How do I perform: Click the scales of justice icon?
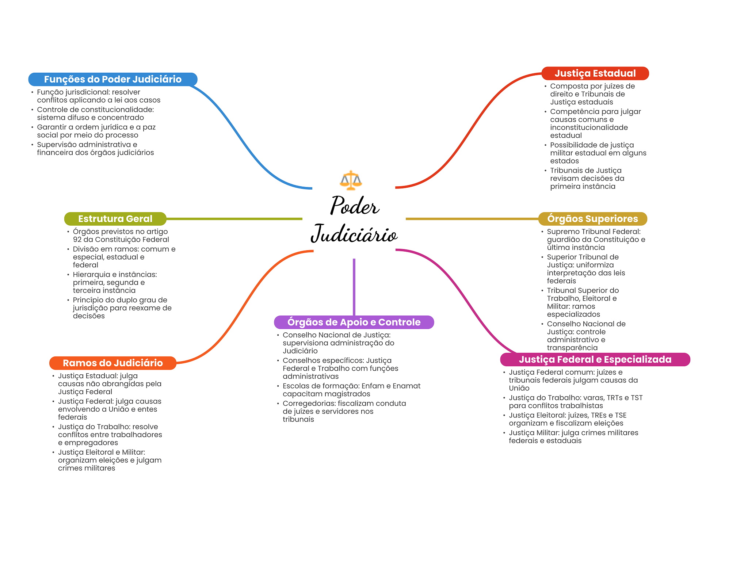pyautogui.click(x=351, y=180)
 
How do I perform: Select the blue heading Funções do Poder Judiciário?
pyautogui.click(x=113, y=79)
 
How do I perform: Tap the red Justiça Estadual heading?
pyautogui.click(x=595, y=73)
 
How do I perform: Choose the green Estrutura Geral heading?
pyautogui.click(x=115, y=219)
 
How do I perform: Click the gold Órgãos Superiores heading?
pyautogui.click(x=592, y=219)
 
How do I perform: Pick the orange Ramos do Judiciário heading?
pyautogui.click(x=113, y=363)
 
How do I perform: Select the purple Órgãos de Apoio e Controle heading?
pyautogui.click(x=354, y=322)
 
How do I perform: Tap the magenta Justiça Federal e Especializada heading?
pyautogui.click(x=595, y=359)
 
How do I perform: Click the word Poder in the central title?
pyautogui.click(x=355, y=206)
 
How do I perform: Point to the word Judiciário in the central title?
pyautogui.click(x=354, y=234)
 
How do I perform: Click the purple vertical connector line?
pyautogui.click(x=354, y=287)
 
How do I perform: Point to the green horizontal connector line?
pyautogui.click(x=234, y=219)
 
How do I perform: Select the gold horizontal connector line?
pyautogui.click(x=472, y=219)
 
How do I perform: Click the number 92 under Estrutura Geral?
pyautogui.click(x=77, y=240)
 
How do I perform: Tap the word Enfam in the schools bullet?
pyautogui.click(x=371, y=386)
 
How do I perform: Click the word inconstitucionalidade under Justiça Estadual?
pyautogui.click(x=589, y=127)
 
